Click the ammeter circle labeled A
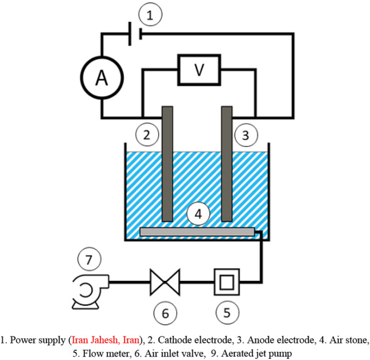(x=102, y=79)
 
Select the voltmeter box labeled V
(x=198, y=70)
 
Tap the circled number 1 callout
(x=150, y=16)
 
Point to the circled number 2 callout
(x=147, y=135)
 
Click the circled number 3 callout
(x=246, y=135)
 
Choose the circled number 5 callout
(x=227, y=312)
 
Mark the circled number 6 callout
(x=165, y=313)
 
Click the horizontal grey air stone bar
(x=197, y=231)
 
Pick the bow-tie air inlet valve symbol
(x=165, y=281)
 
